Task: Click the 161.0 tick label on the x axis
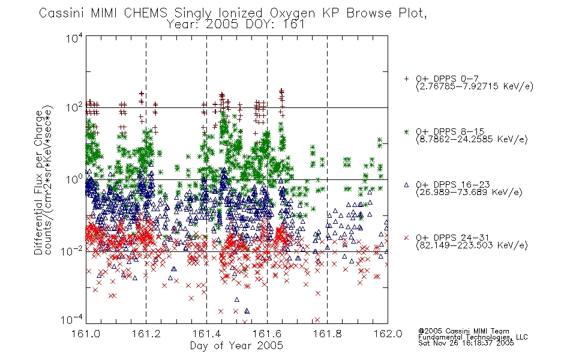pyautogui.click(x=86, y=334)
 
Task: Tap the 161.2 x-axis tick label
pyautogui.click(x=146, y=334)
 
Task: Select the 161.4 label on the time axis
pyautogui.click(x=206, y=334)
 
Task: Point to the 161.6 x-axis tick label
pyautogui.click(x=267, y=334)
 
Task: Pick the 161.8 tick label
pyautogui.click(x=328, y=334)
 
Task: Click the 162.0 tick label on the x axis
pyautogui.click(x=388, y=334)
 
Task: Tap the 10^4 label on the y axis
pyautogui.click(x=74, y=38)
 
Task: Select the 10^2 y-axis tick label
pyautogui.click(x=74, y=108)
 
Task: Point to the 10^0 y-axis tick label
pyautogui.click(x=74, y=179)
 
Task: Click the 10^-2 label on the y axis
pyautogui.click(x=72, y=251)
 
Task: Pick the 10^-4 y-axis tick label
pyautogui.click(x=72, y=320)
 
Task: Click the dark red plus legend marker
pyautogui.click(x=406, y=79)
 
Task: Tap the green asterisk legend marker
pyautogui.click(x=406, y=131)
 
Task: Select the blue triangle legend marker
pyautogui.click(x=406, y=185)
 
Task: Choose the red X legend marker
pyautogui.click(x=406, y=238)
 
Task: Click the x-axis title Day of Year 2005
pyautogui.click(x=236, y=346)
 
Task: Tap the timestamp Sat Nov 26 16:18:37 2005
pyautogui.click(x=466, y=343)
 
